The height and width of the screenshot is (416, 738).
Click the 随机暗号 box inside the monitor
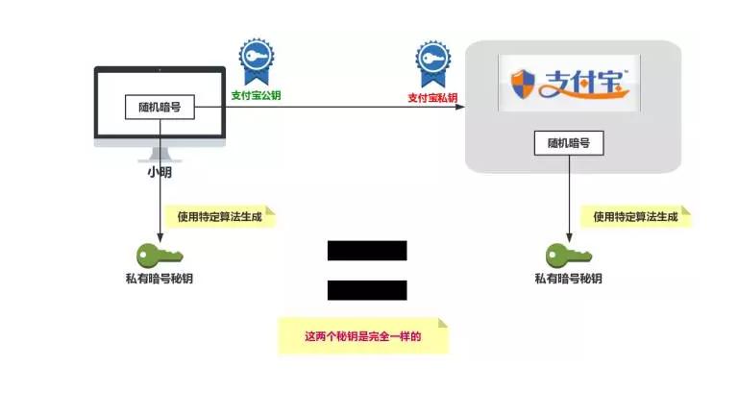click(160, 108)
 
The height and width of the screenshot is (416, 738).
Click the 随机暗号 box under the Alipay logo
click(568, 143)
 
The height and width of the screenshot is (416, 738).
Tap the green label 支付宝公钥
click(256, 95)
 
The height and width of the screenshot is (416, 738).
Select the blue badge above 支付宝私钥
click(432, 63)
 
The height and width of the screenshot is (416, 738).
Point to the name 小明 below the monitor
click(160, 173)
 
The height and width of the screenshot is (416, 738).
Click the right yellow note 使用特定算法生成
click(635, 217)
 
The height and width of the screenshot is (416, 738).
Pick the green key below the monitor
click(160, 256)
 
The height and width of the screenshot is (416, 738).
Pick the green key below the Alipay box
click(568, 256)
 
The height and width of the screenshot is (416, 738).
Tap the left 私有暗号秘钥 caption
click(160, 280)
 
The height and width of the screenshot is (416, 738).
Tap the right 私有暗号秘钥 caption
click(568, 280)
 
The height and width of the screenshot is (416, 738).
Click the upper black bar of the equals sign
click(367, 251)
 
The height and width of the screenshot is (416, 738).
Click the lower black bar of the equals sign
click(367, 289)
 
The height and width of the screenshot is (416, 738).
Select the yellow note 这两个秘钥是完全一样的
click(363, 337)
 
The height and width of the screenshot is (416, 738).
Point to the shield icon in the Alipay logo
click(520, 85)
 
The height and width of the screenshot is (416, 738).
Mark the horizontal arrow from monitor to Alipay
click(336, 109)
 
